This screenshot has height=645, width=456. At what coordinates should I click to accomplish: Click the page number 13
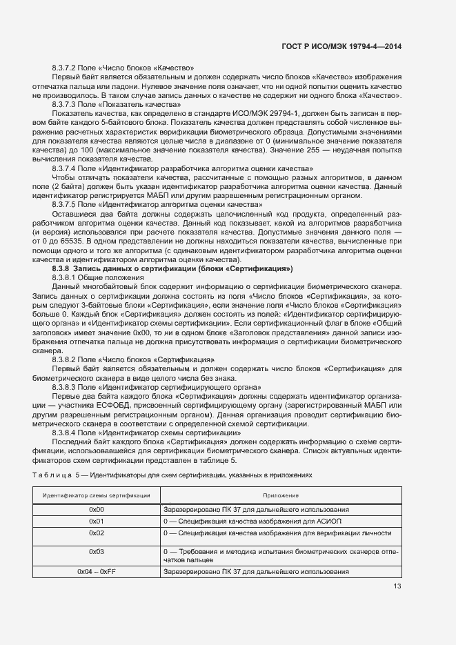(x=397, y=586)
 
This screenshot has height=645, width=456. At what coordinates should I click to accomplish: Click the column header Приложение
(x=280, y=496)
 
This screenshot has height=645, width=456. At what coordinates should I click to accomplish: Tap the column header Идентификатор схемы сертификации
(x=97, y=496)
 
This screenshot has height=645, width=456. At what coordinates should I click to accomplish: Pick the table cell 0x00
(x=97, y=509)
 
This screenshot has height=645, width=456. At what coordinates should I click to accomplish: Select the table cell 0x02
(x=97, y=533)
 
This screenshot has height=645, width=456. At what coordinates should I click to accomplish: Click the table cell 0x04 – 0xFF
(x=97, y=572)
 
